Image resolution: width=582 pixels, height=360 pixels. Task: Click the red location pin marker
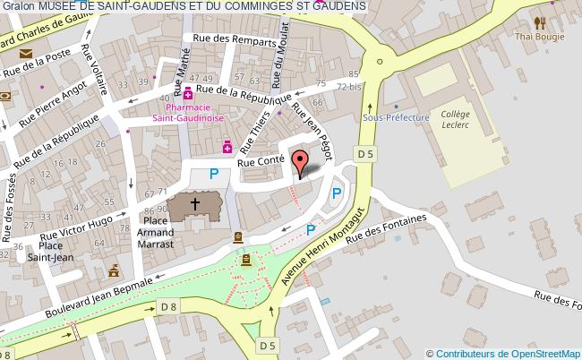click(x=301, y=163)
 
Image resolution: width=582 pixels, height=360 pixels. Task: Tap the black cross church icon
click(x=195, y=205)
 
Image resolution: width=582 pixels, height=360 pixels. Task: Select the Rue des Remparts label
click(x=228, y=39)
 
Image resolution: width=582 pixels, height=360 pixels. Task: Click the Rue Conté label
click(x=261, y=161)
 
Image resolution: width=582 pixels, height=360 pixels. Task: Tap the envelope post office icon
click(x=24, y=56)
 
